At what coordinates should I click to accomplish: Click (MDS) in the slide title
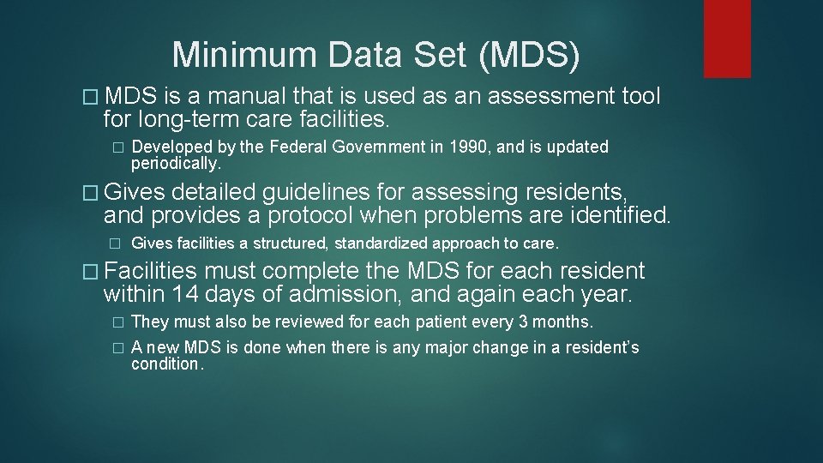pos(529,56)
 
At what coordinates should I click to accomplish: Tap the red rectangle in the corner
pos(727,39)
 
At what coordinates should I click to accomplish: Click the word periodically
pos(175,162)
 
